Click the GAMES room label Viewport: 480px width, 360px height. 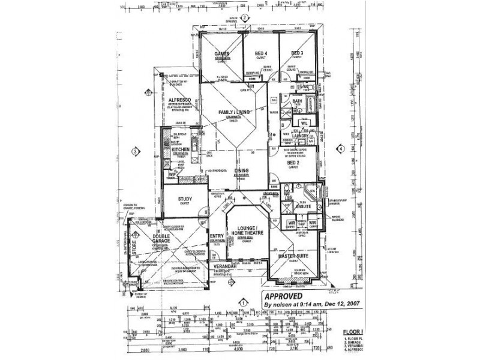coord(222,53)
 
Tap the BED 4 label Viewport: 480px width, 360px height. coord(261,53)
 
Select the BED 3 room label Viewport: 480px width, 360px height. coord(297,53)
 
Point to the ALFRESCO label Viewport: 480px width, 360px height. coord(179,102)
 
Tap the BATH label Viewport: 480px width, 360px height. coord(297,102)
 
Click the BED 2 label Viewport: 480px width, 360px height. coord(293,163)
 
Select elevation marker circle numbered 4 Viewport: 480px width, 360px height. coord(340,148)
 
